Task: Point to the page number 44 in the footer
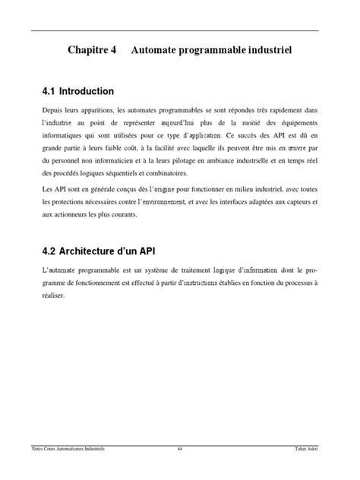(x=180, y=449)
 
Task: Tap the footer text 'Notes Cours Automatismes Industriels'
(x=64, y=449)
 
